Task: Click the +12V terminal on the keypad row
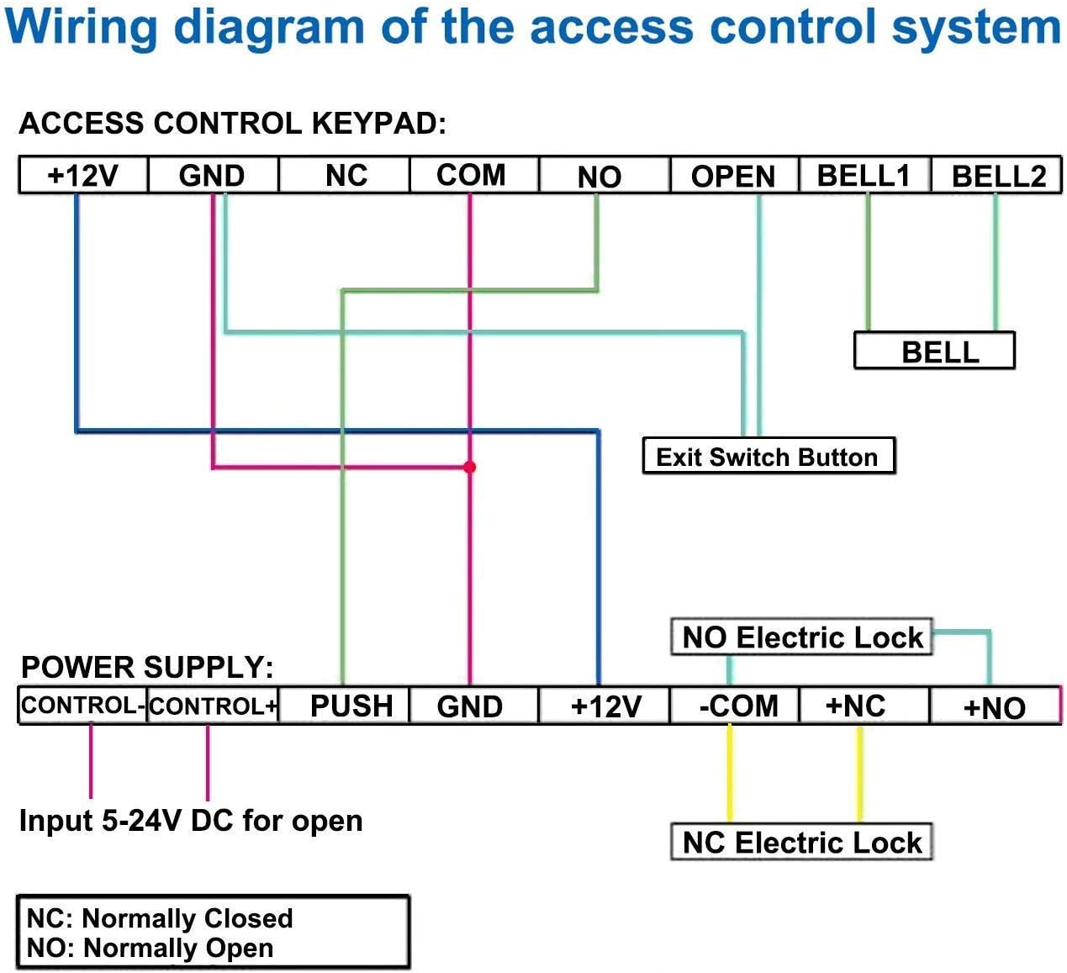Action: coord(83,176)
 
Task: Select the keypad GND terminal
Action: coord(212,176)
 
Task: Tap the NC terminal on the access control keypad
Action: coord(346,176)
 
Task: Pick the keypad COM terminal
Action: coord(471,175)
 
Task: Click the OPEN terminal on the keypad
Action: coord(733,176)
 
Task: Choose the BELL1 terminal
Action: coord(864,175)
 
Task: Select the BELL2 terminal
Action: coord(998,176)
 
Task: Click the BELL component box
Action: coord(934,351)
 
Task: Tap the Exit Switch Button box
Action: coord(768,457)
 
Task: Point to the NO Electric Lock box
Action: coord(802,637)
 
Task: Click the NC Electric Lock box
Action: coord(802,842)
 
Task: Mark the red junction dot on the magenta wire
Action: coord(469,467)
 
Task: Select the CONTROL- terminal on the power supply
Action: coord(82,706)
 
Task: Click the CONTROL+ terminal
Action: coord(213,706)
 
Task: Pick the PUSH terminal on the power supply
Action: coord(351,706)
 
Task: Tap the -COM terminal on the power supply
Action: coord(738,706)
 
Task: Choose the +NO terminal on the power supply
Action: coord(995,706)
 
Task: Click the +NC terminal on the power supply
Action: coord(855,706)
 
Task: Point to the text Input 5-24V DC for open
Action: coord(191,820)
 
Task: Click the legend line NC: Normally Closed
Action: coord(161,917)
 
